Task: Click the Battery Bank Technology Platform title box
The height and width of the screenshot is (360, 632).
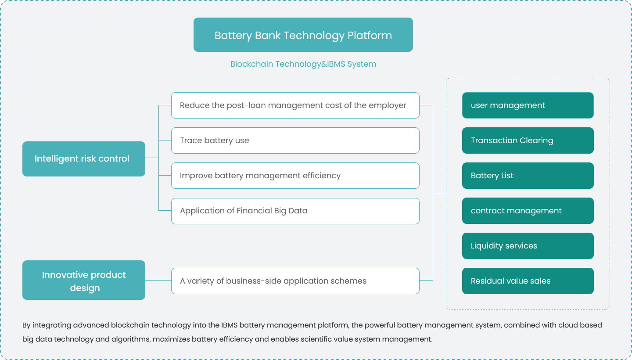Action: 303,35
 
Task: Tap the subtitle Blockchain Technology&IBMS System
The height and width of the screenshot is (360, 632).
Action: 303,64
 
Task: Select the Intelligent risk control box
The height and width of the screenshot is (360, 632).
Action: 83,158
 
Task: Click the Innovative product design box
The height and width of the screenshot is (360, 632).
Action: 83,280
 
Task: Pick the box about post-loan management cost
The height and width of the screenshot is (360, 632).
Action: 295,105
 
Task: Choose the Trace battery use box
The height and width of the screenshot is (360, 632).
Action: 295,140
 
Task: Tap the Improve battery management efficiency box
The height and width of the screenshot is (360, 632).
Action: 295,176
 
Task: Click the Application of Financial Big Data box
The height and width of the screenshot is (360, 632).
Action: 295,211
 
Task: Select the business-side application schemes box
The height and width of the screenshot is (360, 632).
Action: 295,281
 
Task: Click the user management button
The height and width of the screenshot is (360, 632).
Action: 528,105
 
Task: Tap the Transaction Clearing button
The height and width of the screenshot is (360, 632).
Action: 528,140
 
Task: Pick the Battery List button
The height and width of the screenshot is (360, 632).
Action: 528,176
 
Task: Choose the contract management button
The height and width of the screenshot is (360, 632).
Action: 528,211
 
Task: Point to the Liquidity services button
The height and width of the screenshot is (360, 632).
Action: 528,246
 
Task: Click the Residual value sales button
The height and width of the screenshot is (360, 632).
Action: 528,281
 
